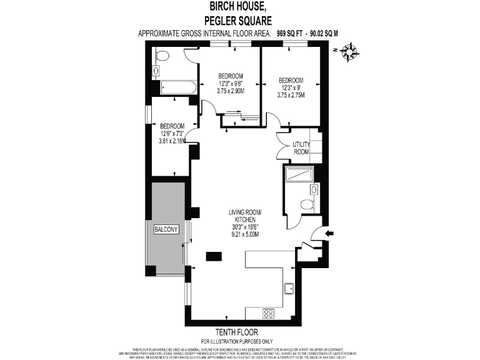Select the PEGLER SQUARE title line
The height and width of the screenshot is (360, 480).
(x=239, y=20)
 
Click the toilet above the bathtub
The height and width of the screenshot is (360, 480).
(x=162, y=57)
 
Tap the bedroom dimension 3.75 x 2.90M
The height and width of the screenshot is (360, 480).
(x=231, y=91)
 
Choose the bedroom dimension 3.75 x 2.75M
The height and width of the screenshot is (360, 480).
(x=291, y=95)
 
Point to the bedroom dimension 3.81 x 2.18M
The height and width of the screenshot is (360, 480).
(x=172, y=140)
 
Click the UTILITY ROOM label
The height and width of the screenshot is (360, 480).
(x=301, y=148)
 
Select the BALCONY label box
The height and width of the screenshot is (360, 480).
(x=166, y=229)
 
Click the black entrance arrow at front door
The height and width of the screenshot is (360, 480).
(x=330, y=234)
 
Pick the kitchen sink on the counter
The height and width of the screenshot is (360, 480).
(x=290, y=288)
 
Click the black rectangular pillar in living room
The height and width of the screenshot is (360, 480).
(x=214, y=255)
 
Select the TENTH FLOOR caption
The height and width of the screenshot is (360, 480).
(x=239, y=332)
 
